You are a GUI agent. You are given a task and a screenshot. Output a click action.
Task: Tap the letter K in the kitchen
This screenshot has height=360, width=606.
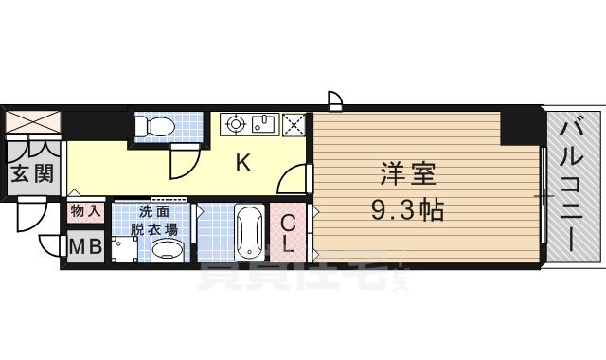click(243, 163)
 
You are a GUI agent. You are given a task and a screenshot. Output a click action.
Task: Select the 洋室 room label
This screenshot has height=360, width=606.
click(407, 174)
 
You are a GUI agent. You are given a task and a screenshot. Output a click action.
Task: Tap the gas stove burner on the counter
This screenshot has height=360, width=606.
click(235, 124)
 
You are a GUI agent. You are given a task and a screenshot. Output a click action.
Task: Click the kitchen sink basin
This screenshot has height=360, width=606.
click(264, 124)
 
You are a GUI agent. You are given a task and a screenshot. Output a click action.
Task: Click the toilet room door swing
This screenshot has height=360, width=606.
click(181, 164)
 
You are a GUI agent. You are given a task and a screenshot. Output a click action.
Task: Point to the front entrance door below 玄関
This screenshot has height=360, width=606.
click(31, 221)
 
